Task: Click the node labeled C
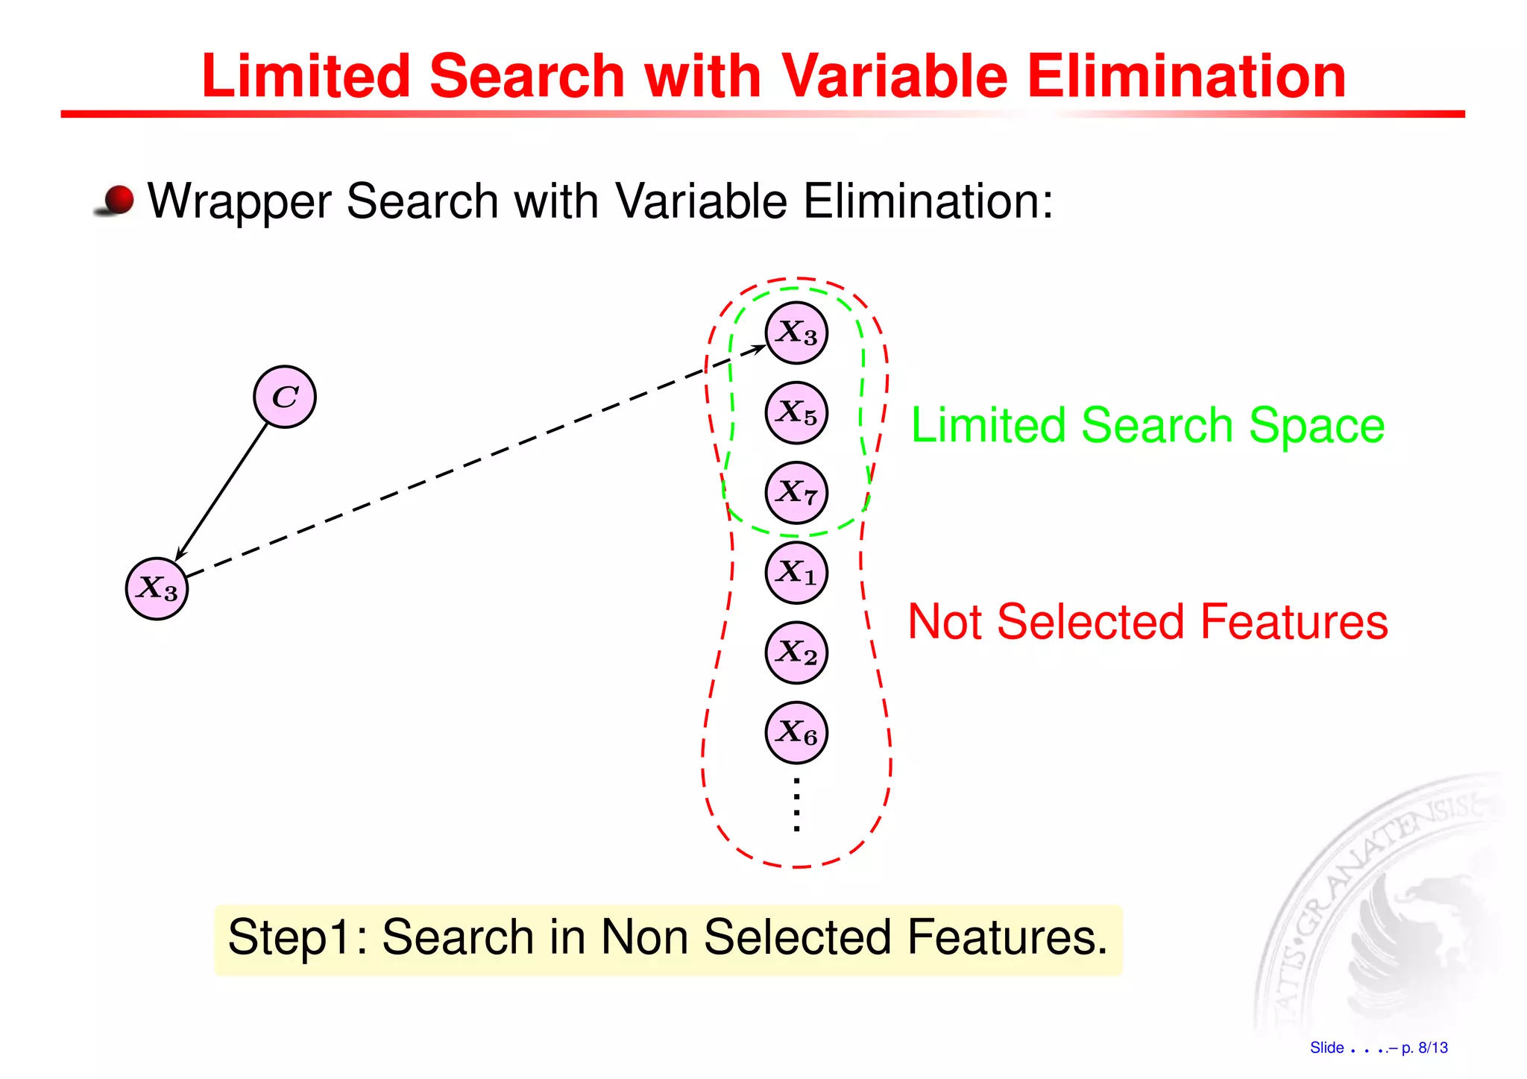pyautogui.click(x=285, y=397)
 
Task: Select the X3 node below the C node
pyautogui.click(x=157, y=588)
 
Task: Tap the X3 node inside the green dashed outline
pyautogui.click(x=796, y=333)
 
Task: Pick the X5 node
pyautogui.click(x=796, y=412)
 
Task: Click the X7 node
pyautogui.click(x=796, y=492)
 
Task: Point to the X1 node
pyautogui.click(x=796, y=573)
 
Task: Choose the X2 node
pyautogui.click(x=796, y=652)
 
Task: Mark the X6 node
pyautogui.click(x=796, y=732)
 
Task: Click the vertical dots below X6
pyautogui.click(x=796, y=805)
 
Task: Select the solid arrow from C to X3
pyautogui.click(x=221, y=491)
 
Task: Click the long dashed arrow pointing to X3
pyautogui.click(x=477, y=460)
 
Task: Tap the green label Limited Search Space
pyautogui.click(x=1147, y=426)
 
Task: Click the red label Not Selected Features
pyautogui.click(x=1147, y=622)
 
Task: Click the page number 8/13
pyautogui.click(x=1432, y=1048)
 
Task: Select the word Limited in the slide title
pyautogui.click(x=306, y=76)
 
